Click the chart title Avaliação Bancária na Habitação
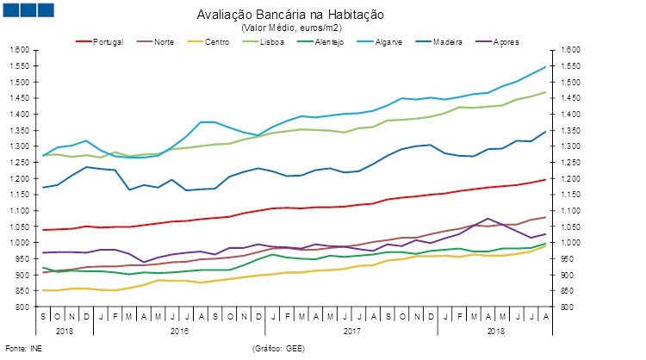[x=290, y=15]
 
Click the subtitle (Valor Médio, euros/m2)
[x=290, y=28]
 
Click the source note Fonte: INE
[x=22, y=348]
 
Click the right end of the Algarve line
[x=545, y=67]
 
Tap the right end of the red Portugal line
[x=545, y=179]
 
